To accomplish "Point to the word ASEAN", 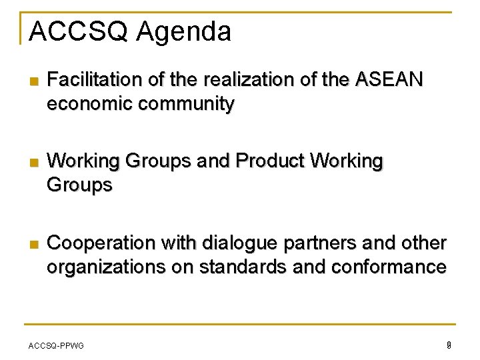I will click(x=389, y=81).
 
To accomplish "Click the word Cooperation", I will click(x=102, y=244).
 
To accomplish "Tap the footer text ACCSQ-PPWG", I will click(x=56, y=345).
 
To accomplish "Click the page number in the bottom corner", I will click(x=449, y=345).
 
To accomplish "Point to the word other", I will click(x=423, y=244).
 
